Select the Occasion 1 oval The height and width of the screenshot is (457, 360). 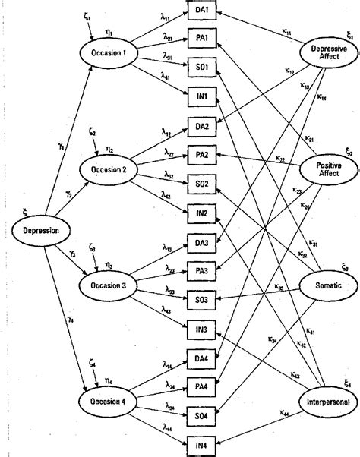click(113, 53)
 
